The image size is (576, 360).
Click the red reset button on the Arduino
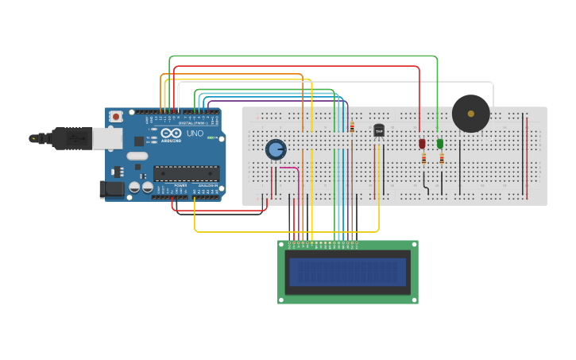(x=116, y=116)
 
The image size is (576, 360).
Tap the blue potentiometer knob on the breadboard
(x=275, y=149)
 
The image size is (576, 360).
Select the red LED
(x=422, y=144)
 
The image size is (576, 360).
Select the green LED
(x=440, y=144)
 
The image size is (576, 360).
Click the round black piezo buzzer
(x=471, y=114)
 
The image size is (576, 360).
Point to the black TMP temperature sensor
(x=379, y=130)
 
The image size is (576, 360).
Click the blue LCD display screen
(x=347, y=272)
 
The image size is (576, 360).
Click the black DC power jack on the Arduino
(x=111, y=189)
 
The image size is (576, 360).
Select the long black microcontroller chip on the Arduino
(x=186, y=172)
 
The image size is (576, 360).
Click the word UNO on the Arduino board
(x=195, y=133)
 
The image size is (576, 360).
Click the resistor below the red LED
(x=423, y=158)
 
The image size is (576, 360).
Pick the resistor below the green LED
(x=442, y=158)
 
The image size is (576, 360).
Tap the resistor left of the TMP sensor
(x=352, y=126)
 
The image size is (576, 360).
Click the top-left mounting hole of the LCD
(x=282, y=246)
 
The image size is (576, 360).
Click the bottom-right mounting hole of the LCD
(x=413, y=299)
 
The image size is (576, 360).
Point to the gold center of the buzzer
(x=471, y=114)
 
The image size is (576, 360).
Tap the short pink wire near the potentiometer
(x=290, y=168)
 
